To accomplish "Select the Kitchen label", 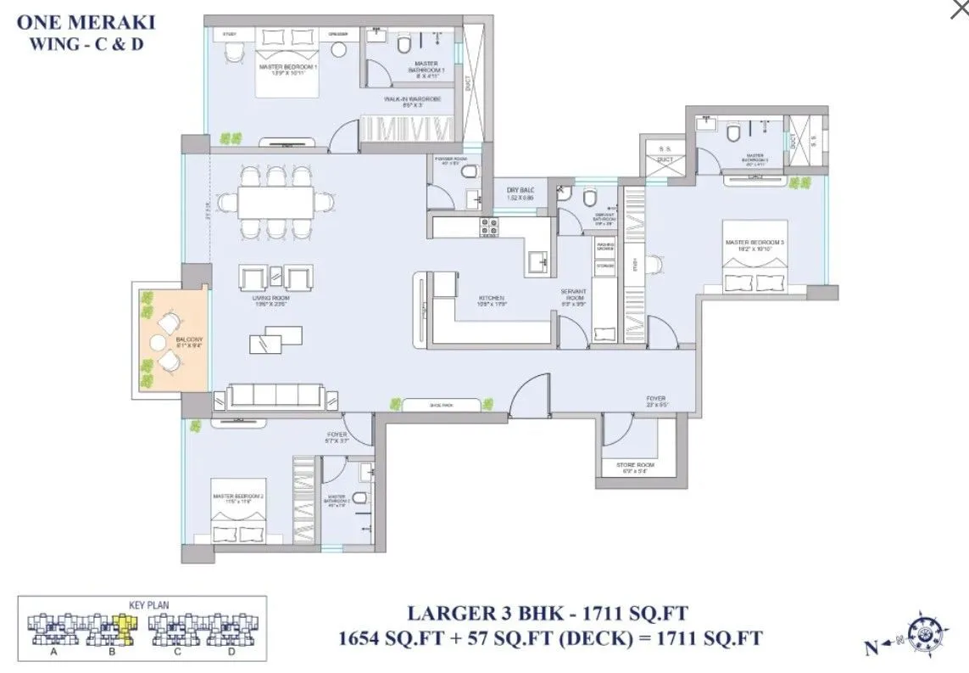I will [x=491, y=299].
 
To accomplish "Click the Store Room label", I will [x=635, y=464].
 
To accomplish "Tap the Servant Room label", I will [x=574, y=294].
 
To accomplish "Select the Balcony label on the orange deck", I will [x=188, y=341].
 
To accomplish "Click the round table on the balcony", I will [x=158, y=343].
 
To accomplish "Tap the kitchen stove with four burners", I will [x=490, y=227].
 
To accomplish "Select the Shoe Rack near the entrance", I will [x=441, y=406].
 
